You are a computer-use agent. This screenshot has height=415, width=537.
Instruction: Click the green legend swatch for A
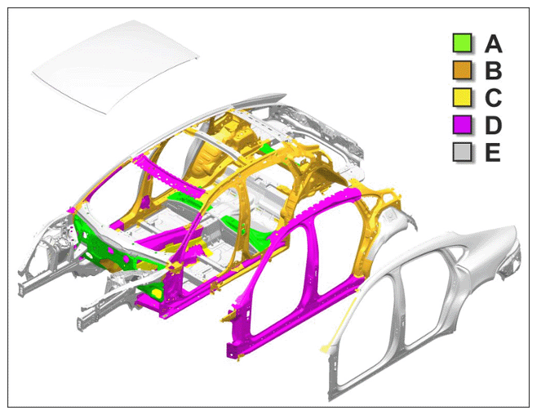462,42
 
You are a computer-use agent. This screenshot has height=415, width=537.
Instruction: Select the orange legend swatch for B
462,70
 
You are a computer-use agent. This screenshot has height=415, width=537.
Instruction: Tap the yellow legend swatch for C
462,97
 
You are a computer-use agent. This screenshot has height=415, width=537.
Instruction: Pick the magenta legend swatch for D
462,124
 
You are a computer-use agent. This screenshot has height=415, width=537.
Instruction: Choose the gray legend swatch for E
462,151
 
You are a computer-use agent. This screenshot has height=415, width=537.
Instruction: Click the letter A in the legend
493,43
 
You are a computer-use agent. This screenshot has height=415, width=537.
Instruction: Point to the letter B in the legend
493,70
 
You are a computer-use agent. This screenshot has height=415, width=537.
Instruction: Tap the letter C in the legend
493,97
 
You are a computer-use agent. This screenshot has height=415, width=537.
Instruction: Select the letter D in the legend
493,125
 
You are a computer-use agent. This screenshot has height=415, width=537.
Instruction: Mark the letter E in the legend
492,152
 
